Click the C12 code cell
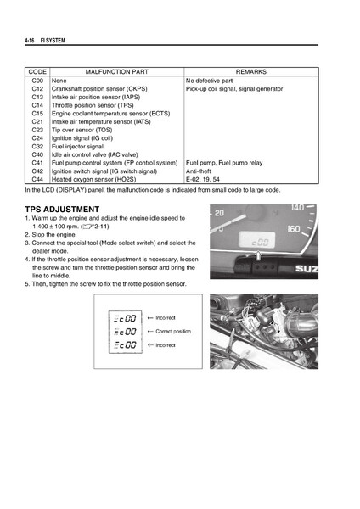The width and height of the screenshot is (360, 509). (37, 89)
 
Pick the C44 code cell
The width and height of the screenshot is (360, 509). (37, 180)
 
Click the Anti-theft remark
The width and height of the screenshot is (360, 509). (200, 171)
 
